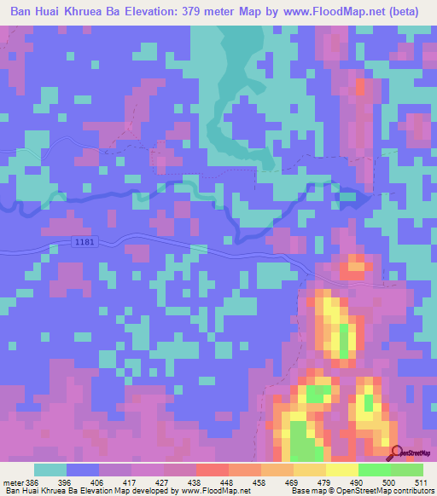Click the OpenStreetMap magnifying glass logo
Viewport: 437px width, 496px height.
[x=396, y=453]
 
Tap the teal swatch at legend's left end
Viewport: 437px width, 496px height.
[x=50, y=470]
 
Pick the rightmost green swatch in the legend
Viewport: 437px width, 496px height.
[x=407, y=470]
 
